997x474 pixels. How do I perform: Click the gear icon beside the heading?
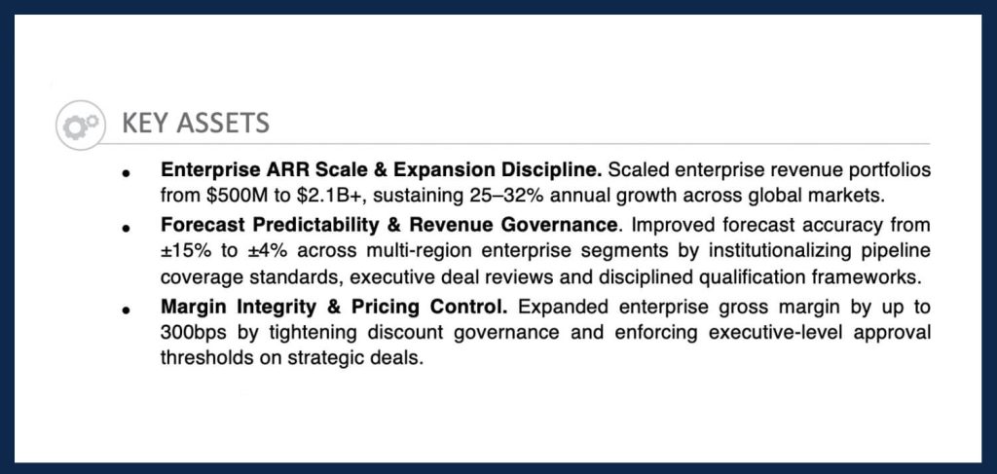point(81,125)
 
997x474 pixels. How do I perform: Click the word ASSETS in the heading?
point(223,124)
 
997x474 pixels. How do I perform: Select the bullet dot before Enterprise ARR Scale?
point(127,172)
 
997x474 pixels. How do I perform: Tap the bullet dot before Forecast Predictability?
point(127,228)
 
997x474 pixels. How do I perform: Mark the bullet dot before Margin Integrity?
point(127,310)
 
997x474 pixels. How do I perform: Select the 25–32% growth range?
point(506,196)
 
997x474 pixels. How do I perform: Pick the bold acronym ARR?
point(279,169)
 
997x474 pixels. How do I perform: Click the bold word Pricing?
point(386,308)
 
